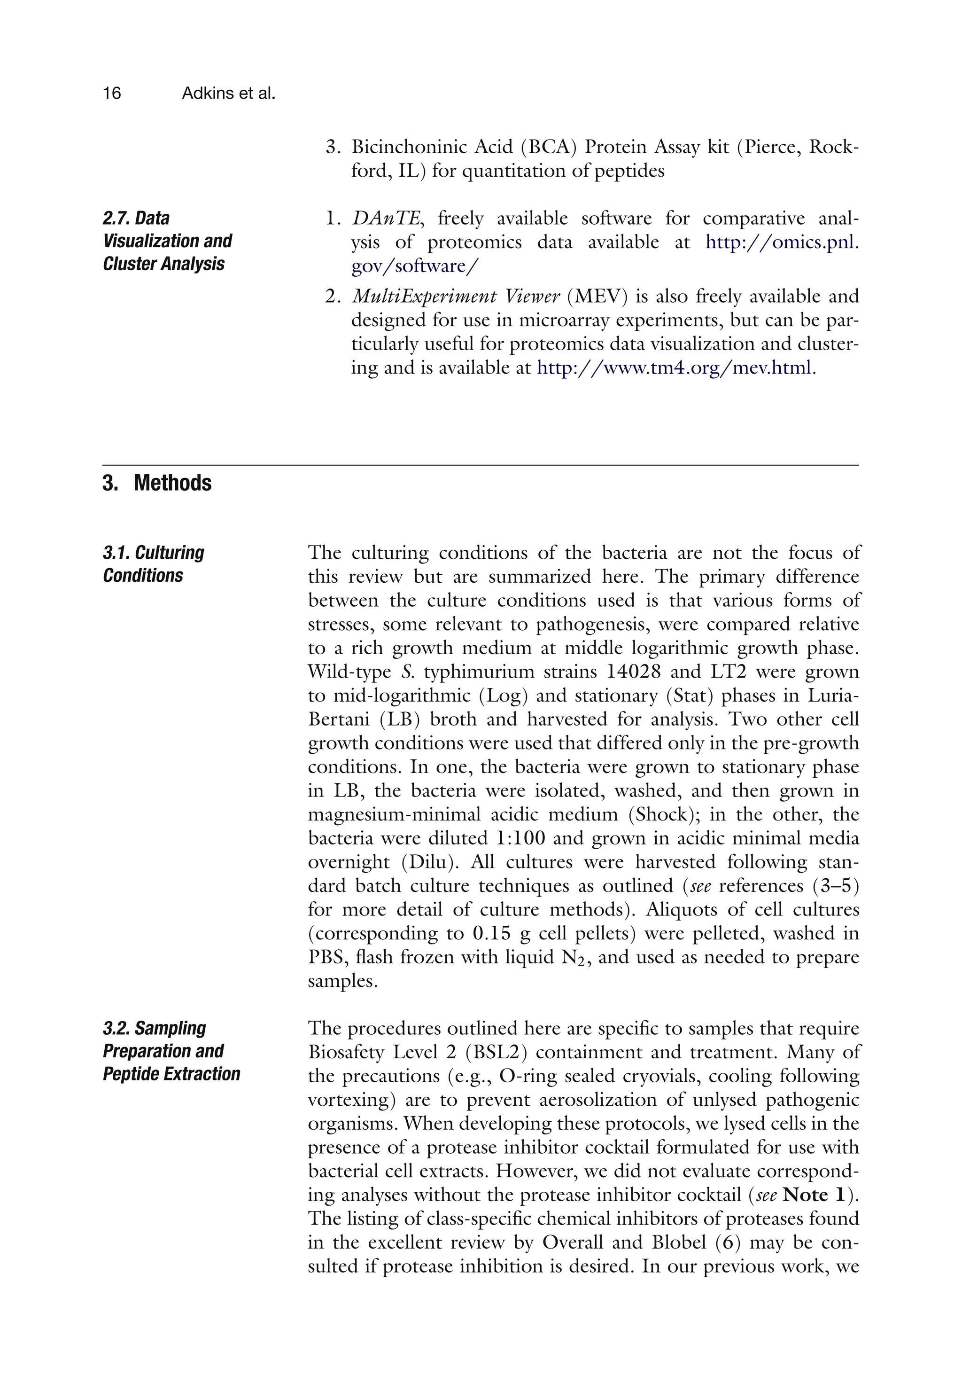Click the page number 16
112,94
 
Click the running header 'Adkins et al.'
228,94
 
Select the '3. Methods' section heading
157,483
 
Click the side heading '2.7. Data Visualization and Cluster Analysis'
167,241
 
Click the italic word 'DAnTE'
387,219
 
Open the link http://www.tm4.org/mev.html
674,367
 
